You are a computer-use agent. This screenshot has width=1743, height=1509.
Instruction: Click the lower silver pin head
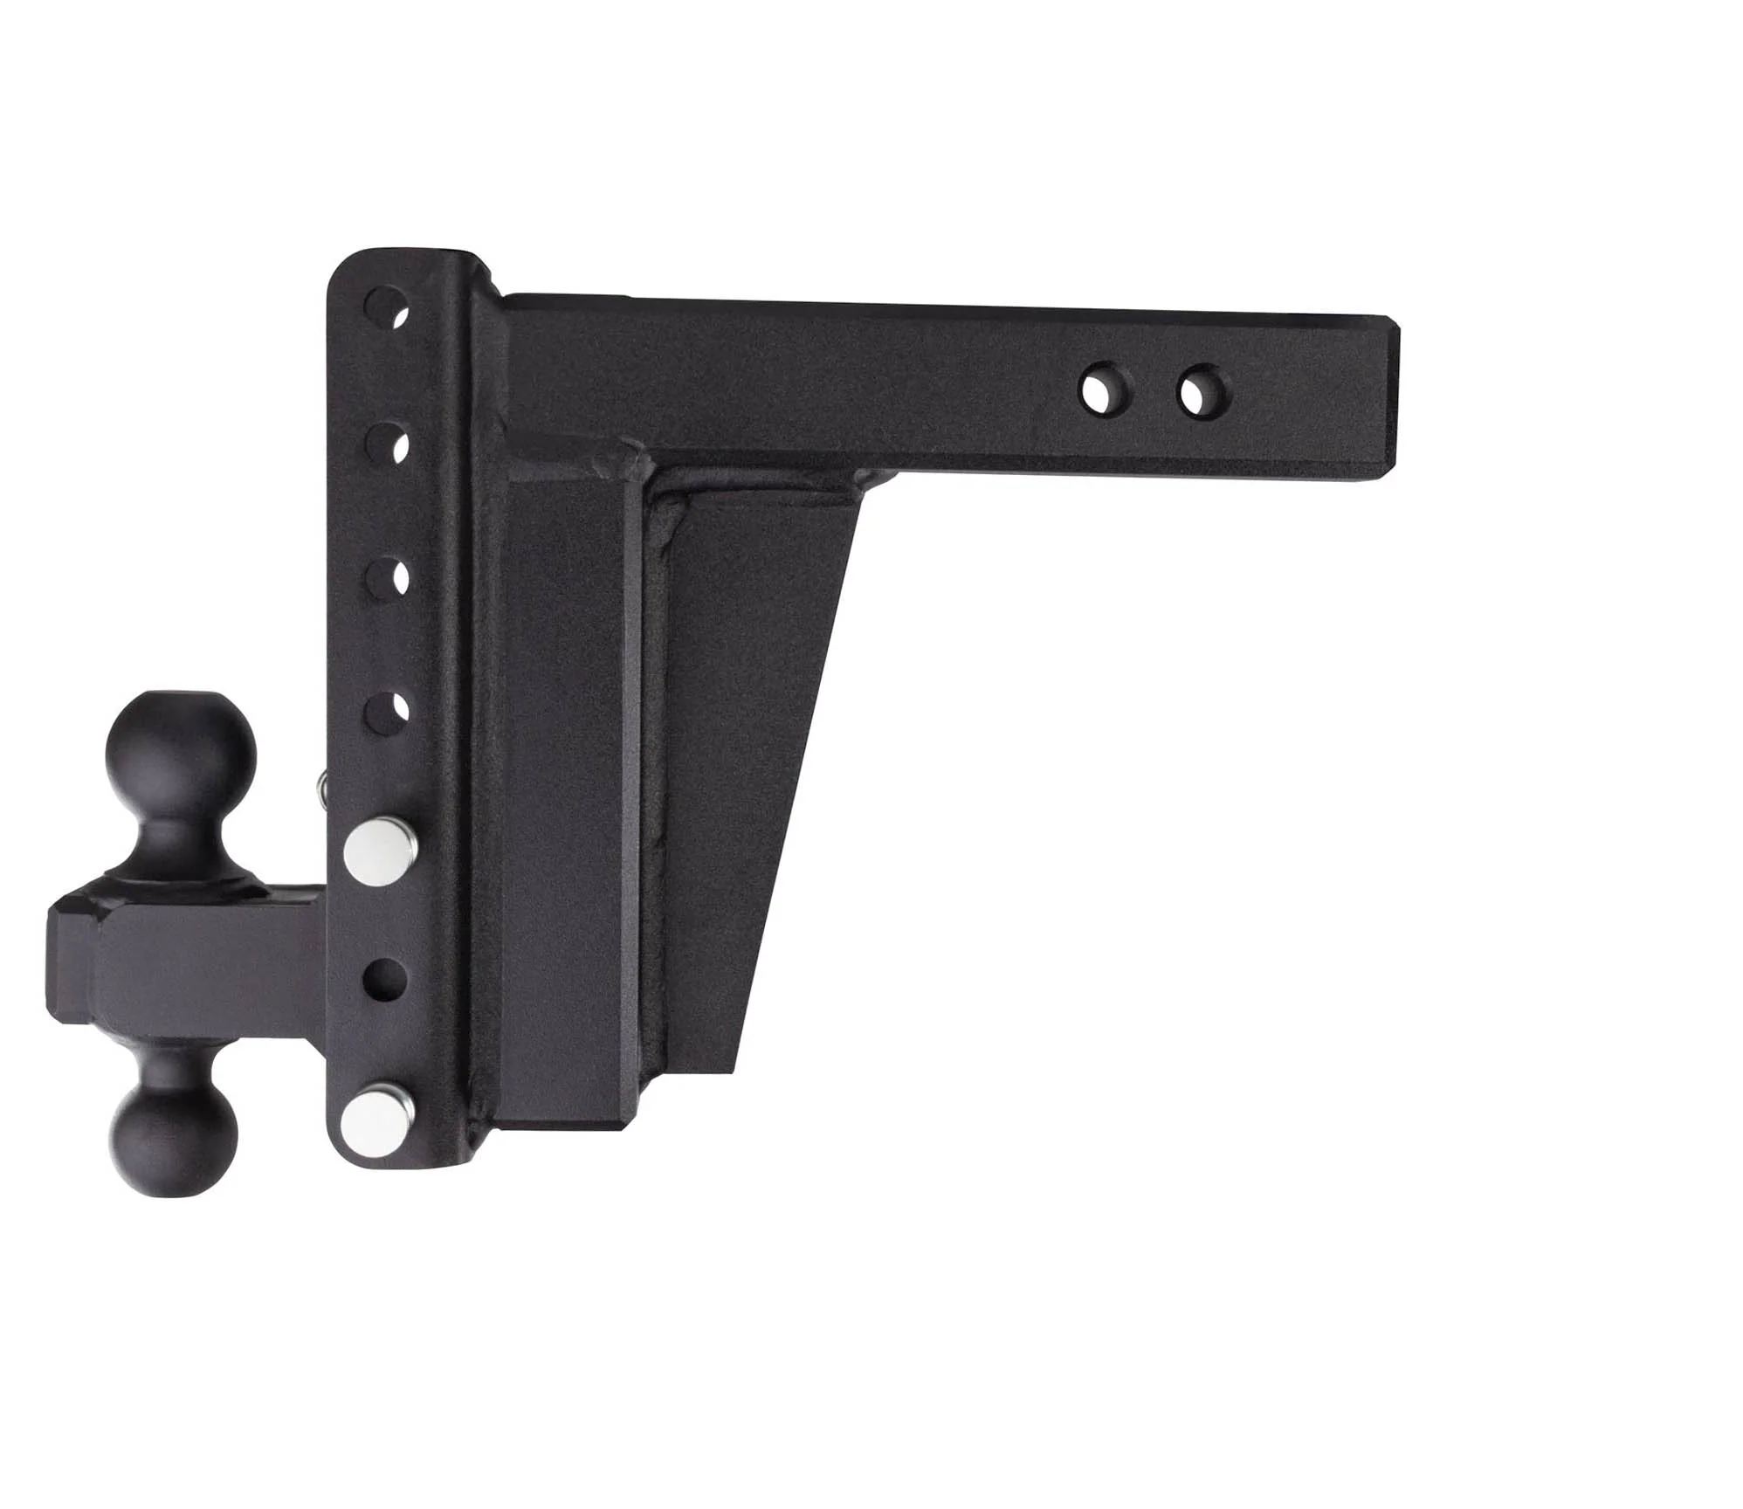coord(378,1113)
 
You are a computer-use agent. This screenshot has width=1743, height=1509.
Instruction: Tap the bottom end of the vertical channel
coord(393,1166)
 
